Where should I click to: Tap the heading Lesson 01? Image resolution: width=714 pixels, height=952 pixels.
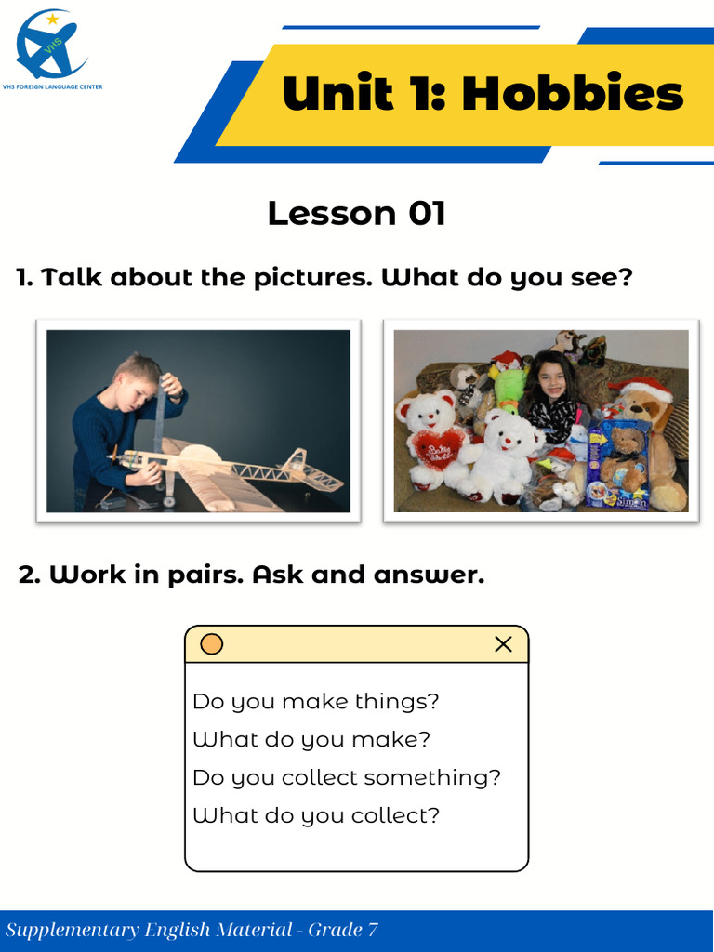(357, 213)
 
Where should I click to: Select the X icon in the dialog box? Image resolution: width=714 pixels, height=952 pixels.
(503, 644)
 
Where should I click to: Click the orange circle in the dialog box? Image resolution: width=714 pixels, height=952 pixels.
(212, 644)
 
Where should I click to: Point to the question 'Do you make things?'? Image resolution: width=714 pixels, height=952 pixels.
(315, 701)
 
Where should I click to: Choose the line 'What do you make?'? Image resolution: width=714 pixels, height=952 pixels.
(311, 740)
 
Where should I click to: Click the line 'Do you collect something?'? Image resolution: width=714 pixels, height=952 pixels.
(346, 777)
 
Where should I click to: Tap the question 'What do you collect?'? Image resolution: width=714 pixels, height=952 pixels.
(315, 815)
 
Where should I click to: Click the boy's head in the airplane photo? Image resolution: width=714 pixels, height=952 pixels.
(133, 381)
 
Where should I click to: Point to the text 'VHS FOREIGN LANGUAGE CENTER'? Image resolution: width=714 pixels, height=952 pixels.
(59, 86)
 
